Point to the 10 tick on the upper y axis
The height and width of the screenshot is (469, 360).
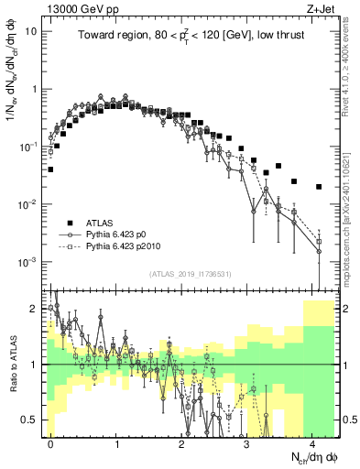(x=35, y=30)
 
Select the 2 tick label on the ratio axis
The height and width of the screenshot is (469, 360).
(x=38, y=308)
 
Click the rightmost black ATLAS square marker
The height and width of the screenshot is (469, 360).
(x=319, y=187)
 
